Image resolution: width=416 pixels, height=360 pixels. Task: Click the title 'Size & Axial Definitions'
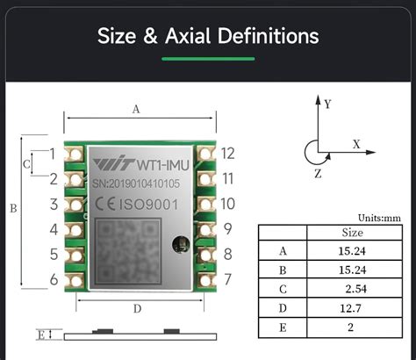point(207,36)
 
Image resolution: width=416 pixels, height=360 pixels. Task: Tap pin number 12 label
point(227,154)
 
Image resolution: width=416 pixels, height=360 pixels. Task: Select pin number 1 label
point(53,154)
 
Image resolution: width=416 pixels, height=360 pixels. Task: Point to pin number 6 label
point(53,280)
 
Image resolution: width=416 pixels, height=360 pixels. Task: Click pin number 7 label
point(227,280)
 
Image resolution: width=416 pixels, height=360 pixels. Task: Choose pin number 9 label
point(227,229)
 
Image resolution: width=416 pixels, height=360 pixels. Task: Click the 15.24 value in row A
point(350,250)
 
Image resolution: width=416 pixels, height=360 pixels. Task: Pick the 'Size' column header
point(351,233)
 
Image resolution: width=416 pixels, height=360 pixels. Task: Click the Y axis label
point(327,104)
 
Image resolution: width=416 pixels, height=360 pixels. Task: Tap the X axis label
point(356,142)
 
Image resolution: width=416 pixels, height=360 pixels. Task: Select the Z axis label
point(317,173)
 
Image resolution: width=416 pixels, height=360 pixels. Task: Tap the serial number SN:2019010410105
point(135,184)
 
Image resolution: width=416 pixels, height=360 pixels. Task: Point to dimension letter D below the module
point(137,308)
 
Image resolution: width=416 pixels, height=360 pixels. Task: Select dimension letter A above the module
point(135,110)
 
